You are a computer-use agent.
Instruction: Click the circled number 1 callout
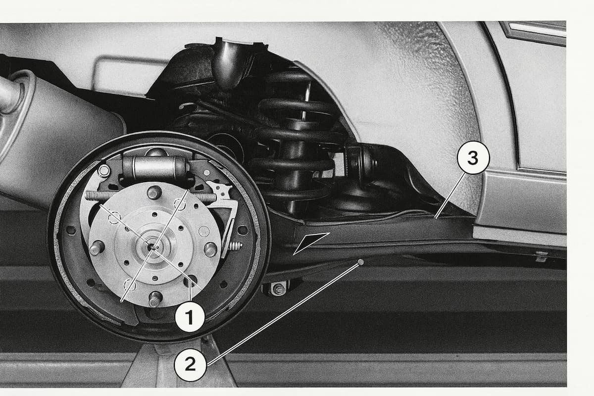pos(190,317)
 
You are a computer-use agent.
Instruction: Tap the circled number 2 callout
pos(190,365)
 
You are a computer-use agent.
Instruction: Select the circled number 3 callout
pos(473,157)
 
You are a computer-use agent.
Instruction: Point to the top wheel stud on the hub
pos(154,192)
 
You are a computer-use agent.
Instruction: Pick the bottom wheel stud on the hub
pos(155,298)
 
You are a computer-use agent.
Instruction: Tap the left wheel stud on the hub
pos(97,248)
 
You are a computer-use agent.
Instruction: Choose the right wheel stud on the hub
pos(210,249)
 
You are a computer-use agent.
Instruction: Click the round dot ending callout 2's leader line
pos(360,262)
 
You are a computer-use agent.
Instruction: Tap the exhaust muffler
pos(53,138)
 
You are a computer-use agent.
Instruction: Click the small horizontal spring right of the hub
pos(235,246)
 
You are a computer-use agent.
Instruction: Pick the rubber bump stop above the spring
pos(230,64)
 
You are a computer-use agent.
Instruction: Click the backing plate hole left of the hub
pos(70,230)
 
